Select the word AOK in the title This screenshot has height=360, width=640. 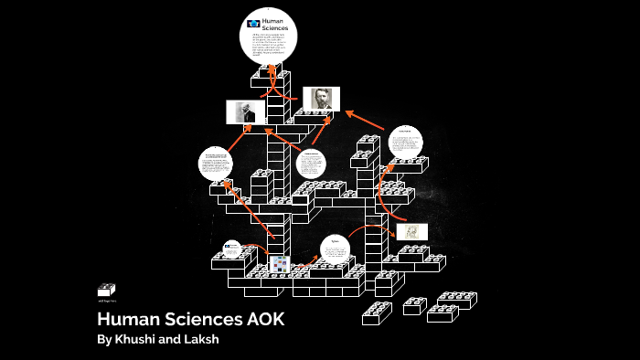pos(262,320)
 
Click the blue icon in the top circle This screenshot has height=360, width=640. pos(253,23)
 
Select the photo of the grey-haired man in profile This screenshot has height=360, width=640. pos(245,112)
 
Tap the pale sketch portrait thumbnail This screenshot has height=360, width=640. pos(411,231)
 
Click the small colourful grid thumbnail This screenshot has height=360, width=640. pos(280,264)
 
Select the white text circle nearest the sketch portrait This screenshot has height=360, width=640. pos(335,250)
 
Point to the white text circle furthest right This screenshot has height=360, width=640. pos(404,143)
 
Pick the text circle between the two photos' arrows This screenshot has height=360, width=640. pos(311,165)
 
